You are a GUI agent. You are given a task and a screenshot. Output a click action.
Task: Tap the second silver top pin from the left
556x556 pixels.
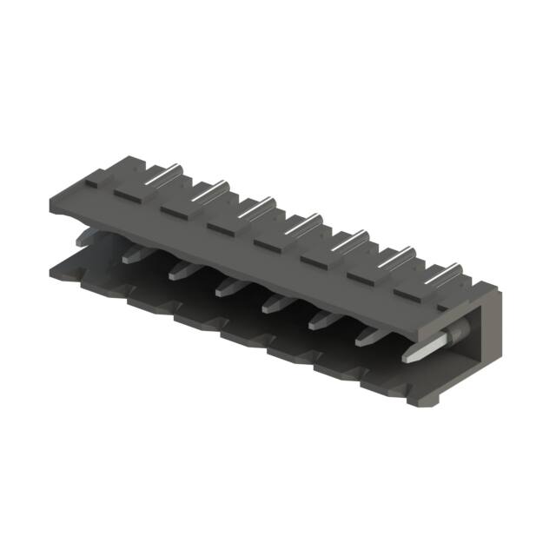[x=211, y=189]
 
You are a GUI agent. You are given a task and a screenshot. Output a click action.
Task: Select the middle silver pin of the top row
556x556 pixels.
[x=304, y=222]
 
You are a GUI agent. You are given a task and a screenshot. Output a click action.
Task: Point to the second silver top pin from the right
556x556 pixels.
[x=399, y=256]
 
